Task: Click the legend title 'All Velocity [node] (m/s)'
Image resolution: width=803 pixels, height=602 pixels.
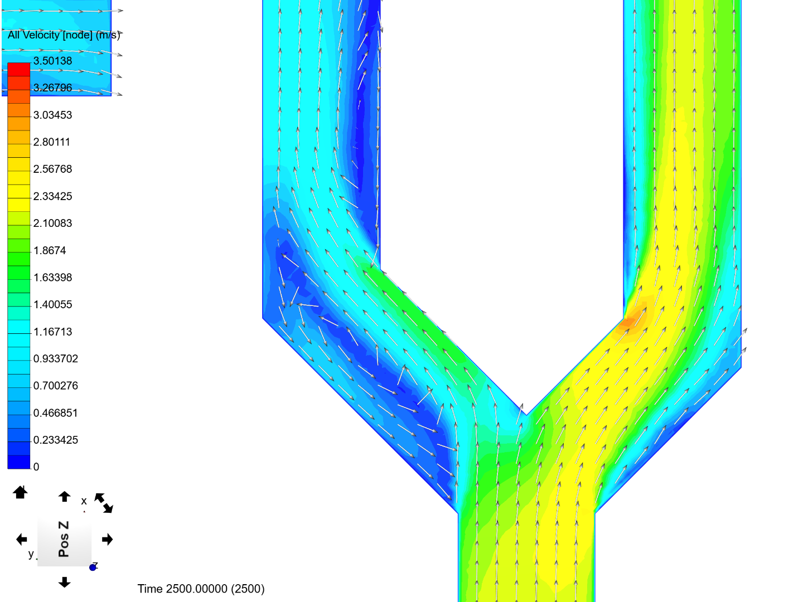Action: click(64, 35)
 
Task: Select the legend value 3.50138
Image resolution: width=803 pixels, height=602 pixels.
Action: click(52, 61)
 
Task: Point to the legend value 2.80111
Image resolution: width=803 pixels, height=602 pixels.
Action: click(52, 142)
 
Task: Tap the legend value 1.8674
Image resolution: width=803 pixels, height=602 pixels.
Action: click(50, 250)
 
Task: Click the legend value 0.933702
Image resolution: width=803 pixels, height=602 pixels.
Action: click(56, 358)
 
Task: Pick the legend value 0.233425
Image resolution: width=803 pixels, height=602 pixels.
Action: click(56, 440)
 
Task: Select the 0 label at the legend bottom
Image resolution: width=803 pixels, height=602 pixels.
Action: click(36, 467)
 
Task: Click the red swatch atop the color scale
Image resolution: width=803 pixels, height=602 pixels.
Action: click(19, 70)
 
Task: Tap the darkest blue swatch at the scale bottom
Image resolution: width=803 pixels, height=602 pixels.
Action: click(19, 462)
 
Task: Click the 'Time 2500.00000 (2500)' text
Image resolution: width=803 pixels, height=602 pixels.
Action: click(201, 589)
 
